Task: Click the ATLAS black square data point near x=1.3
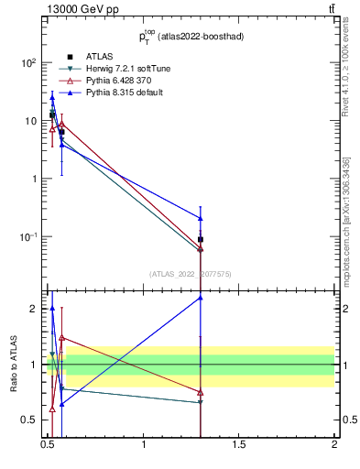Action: pos(201,239)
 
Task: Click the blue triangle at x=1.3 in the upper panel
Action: pos(201,218)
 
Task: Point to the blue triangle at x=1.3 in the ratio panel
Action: pos(201,298)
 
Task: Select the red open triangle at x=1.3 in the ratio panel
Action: pos(201,392)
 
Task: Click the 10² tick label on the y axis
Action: pos(29,63)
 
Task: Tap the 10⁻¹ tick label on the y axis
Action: pos(28,236)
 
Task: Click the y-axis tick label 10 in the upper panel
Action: pos(30,121)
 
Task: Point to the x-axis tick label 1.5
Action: pos(239,445)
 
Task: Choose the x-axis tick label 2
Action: pos(334,445)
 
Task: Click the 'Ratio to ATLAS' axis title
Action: pos(13,365)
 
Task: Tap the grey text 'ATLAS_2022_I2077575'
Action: pos(191,273)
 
